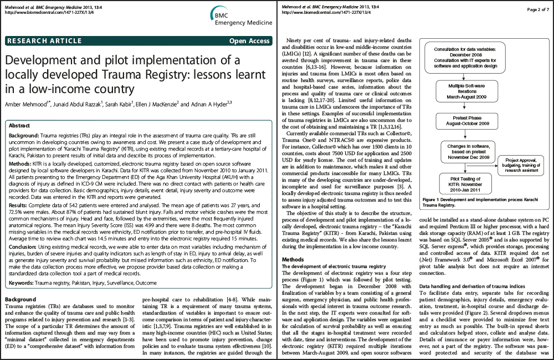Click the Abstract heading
[x=20, y=126]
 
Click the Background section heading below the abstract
[x=20, y=299]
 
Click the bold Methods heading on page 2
[x=294, y=259]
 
